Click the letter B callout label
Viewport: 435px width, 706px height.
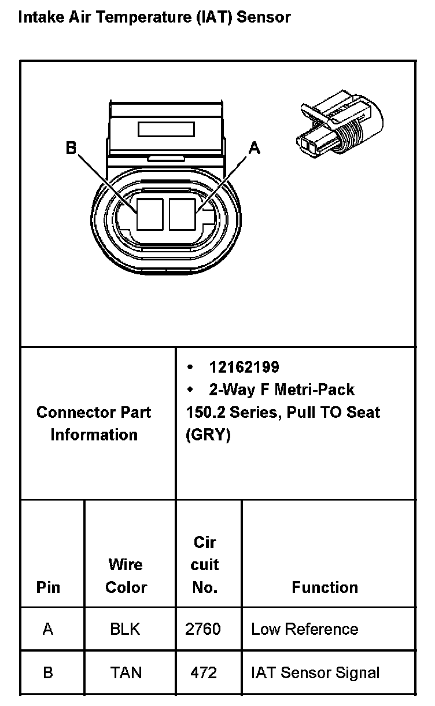[x=71, y=148]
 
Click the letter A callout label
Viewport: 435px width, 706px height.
[x=254, y=148]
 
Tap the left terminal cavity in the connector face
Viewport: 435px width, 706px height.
[x=150, y=214]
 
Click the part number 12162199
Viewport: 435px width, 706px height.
[x=244, y=367]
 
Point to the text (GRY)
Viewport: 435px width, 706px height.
[x=208, y=435]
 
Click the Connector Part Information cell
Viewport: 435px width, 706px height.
[x=94, y=424]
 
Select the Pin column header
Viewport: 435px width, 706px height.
[x=48, y=587]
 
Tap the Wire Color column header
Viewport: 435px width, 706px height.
[x=126, y=576]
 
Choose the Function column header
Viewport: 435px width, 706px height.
[x=325, y=587]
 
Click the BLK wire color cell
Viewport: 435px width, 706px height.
[x=125, y=629]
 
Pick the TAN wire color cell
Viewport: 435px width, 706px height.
[x=126, y=672]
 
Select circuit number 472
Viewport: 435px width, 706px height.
[x=204, y=672]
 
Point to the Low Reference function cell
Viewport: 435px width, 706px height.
[x=304, y=629]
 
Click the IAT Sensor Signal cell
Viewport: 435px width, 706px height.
[x=315, y=672]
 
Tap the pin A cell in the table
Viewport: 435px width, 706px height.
[x=48, y=629]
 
